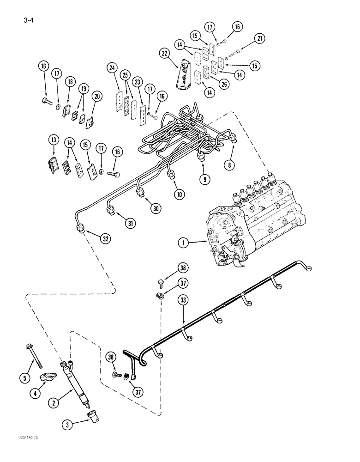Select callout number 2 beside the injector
tap(55, 403)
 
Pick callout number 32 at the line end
tap(106, 238)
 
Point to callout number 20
tap(96, 96)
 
